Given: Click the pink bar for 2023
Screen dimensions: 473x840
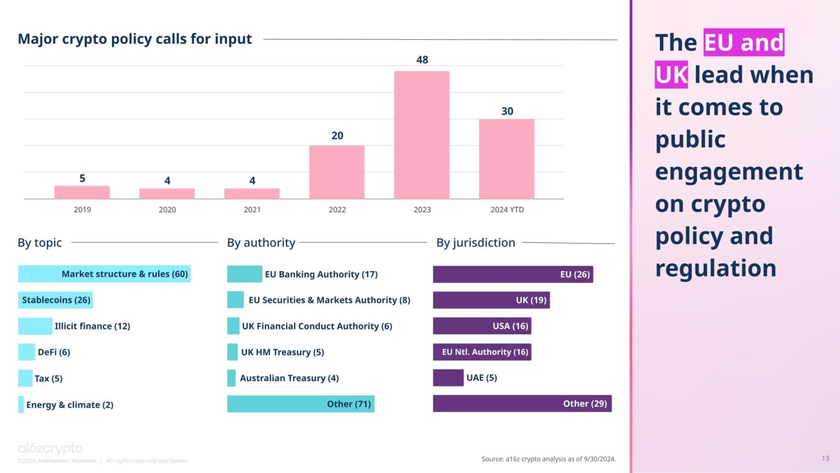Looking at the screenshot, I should coord(422,135).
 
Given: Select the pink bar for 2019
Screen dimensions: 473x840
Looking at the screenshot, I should coord(82,192).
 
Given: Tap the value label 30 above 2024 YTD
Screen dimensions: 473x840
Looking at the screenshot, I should coord(507,111).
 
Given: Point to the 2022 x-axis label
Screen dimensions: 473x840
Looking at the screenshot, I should coord(337,210).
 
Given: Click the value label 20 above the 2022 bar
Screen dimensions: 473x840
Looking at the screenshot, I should coord(337,135).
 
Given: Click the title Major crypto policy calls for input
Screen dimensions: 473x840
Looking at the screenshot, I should coord(135,39).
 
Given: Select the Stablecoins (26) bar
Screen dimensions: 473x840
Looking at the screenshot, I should coord(55,300).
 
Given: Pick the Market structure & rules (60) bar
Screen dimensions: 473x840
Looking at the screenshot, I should coord(104,274).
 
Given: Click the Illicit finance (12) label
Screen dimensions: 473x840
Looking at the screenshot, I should coord(92,326).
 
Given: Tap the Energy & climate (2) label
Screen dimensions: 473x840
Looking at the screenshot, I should coord(69,405).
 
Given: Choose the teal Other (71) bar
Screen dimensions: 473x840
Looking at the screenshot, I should coord(300,404).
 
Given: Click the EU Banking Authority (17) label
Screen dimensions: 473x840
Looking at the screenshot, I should coord(321,274).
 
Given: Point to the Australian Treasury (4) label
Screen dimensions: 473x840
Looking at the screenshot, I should coord(289,378).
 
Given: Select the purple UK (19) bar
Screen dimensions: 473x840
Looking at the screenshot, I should coord(491,300).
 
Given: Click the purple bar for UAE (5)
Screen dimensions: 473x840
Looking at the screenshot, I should coord(448,378).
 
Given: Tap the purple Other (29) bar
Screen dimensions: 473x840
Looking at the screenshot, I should coord(522,404).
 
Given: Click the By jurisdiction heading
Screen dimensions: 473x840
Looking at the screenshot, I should coord(475,243).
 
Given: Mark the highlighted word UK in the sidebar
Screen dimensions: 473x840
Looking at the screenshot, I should coord(671,75).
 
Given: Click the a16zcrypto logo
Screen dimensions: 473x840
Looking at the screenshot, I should coord(50,448).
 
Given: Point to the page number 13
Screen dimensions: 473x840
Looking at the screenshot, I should coord(825,458).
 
